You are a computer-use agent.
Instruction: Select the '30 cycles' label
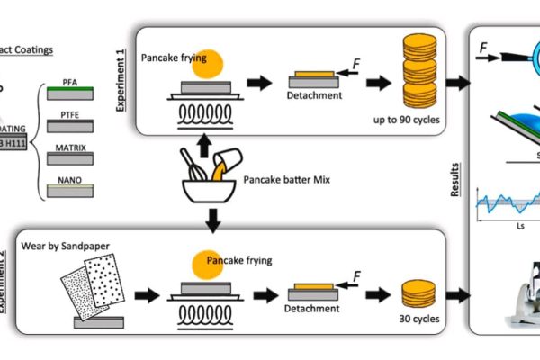tap(415, 317)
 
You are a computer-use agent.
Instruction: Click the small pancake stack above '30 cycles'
tap(417, 292)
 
